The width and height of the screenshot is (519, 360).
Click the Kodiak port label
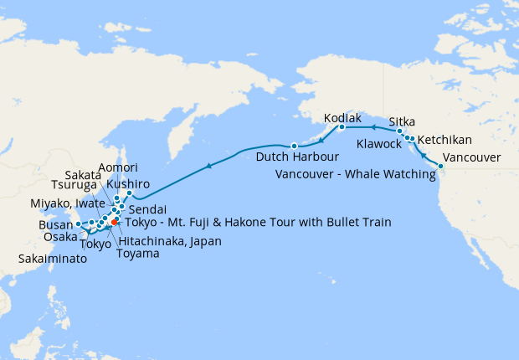(x=342, y=118)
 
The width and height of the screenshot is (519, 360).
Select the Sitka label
(x=403, y=121)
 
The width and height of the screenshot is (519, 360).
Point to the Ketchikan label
(x=444, y=140)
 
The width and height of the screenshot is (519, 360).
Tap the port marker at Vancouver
(x=440, y=167)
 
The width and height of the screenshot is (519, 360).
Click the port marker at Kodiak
(x=342, y=128)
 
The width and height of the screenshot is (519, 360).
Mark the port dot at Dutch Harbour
(x=294, y=147)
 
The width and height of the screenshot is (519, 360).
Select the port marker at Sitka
(x=400, y=131)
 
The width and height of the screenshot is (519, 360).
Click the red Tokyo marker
(x=114, y=222)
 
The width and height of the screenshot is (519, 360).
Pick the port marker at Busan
(x=77, y=224)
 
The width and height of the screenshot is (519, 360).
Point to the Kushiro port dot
(x=129, y=193)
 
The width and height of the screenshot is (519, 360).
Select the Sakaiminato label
(x=53, y=260)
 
